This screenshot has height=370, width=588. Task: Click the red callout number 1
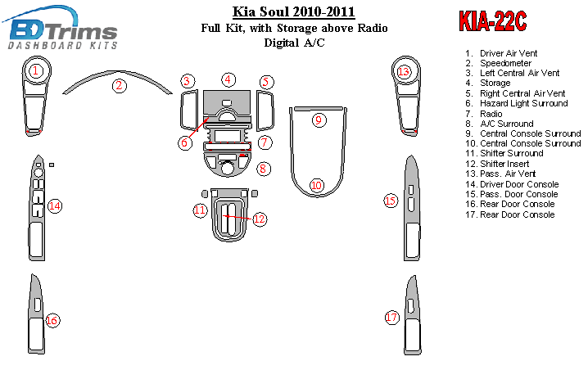click(x=36, y=70)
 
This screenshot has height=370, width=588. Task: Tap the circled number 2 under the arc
click(x=120, y=85)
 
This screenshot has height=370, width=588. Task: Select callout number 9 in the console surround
click(x=319, y=120)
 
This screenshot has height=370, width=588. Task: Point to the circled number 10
click(x=316, y=185)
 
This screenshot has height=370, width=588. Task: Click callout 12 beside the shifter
click(x=260, y=219)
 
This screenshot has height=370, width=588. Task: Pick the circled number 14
click(x=55, y=205)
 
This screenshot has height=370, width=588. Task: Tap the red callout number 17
click(x=391, y=318)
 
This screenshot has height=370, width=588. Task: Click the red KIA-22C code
click(x=493, y=21)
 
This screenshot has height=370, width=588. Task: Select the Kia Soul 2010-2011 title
click(x=294, y=11)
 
